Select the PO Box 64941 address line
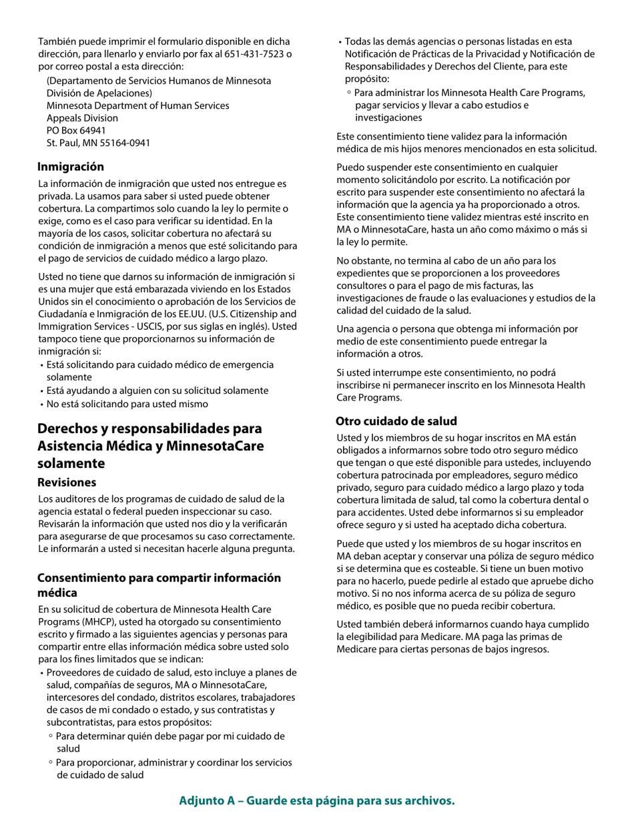(x=76, y=130)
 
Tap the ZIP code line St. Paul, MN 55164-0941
(x=98, y=143)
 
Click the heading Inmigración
(x=71, y=166)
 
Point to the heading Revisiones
(x=67, y=482)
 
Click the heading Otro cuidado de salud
(x=396, y=421)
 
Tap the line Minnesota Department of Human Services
(x=137, y=105)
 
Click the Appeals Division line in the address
(x=82, y=118)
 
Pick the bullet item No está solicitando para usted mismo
(x=127, y=404)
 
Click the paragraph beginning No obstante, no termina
(x=466, y=285)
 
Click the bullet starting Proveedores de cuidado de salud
(x=171, y=672)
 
